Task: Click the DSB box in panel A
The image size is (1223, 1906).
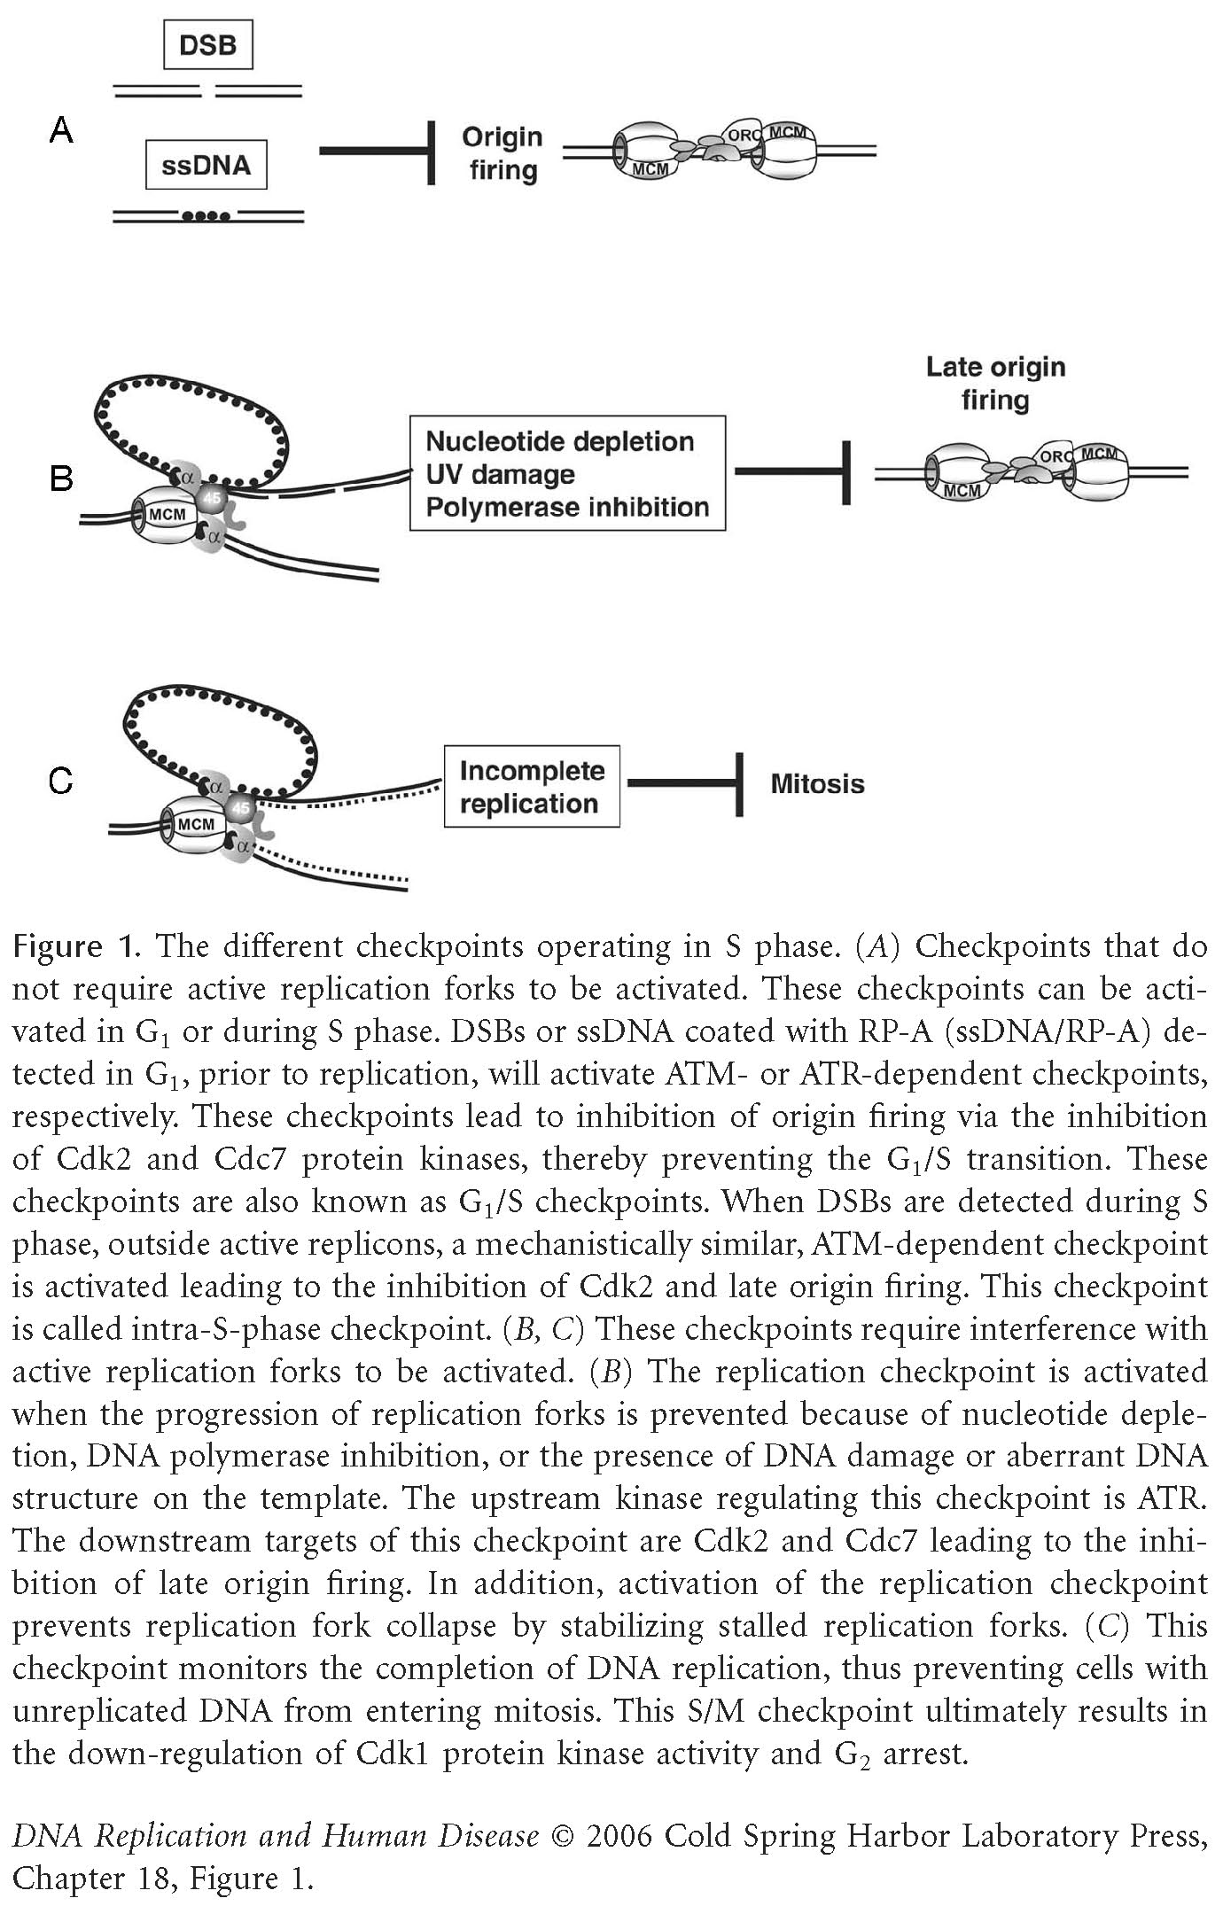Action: click(x=208, y=45)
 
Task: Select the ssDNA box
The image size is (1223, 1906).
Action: click(x=206, y=165)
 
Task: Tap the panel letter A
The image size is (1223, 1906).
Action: click(x=61, y=131)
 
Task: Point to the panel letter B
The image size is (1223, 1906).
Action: click(x=61, y=478)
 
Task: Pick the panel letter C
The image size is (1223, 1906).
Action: click(x=61, y=782)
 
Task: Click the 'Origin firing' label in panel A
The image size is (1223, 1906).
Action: click(x=502, y=152)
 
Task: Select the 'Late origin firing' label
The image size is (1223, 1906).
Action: click(x=995, y=383)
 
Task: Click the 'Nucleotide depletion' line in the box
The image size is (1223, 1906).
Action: click(x=559, y=441)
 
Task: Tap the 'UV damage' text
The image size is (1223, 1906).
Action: click(x=500, y=474)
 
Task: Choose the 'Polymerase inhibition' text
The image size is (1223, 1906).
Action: click(x=567, y=507)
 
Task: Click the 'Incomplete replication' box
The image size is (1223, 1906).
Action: click(x=531, y=786)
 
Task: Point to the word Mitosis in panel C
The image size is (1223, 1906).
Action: click(x=817, y=783)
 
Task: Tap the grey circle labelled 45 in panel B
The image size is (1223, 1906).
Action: click(x=213, y=497)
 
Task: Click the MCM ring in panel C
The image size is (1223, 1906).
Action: click(x=196, y=823)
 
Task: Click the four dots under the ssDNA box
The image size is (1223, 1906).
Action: click(x=206, y=216)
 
